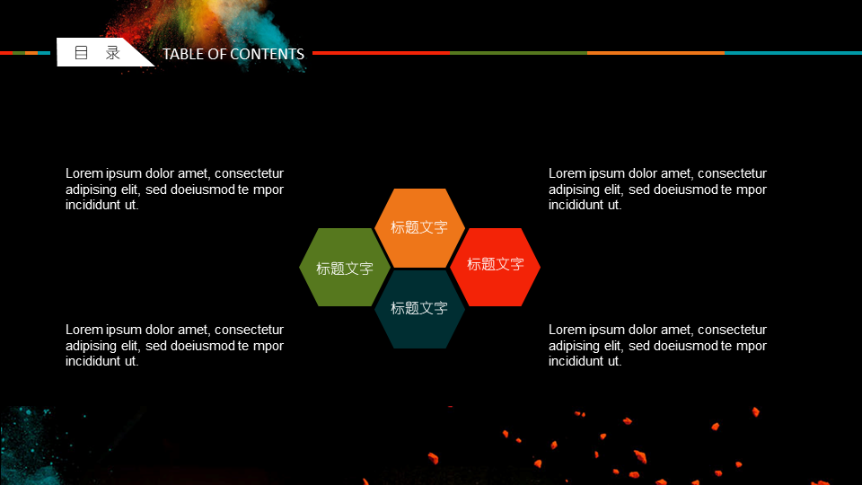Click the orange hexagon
pos(419,227)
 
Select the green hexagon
pos(345,268)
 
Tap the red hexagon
pos(495,268)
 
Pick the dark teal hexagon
pos(419,308)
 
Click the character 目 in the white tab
pos(82,53)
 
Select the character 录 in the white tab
pos(113,53)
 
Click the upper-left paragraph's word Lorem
pos(84,173)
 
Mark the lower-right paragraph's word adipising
pos(574,345)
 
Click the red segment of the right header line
pos(381,53)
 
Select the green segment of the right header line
pos(518,53)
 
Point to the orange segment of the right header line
pos(655,53)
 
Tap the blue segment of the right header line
pos(793,53)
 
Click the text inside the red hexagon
pos(496,264)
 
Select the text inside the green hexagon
pos(345,269)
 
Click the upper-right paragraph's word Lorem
pos(567,173)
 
